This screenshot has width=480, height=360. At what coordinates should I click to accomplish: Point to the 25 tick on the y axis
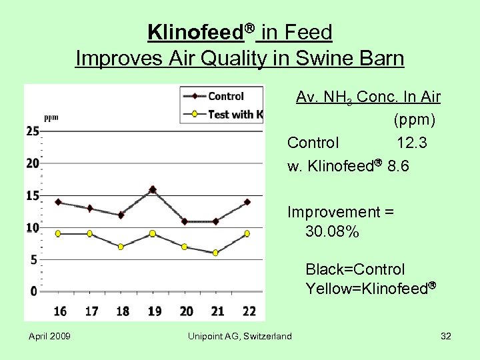coord(33,131)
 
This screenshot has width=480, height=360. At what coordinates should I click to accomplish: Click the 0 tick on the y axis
coord(34,291)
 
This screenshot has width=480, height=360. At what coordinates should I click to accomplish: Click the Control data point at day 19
coord(153,190)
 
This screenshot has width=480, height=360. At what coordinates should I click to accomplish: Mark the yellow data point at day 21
coord(215,253)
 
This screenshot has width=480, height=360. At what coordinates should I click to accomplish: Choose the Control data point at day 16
coord(58,202)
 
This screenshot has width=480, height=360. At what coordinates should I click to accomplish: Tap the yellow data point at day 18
coord(121,247)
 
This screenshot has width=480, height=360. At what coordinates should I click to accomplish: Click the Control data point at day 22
coord(247,202)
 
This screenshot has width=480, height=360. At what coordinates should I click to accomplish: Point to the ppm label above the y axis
coord(51,117)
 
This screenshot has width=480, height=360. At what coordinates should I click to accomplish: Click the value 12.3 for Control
coord(412,143)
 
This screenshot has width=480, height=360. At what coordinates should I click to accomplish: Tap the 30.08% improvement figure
coord(332,232)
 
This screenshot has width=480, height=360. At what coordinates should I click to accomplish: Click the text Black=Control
coord(355,269)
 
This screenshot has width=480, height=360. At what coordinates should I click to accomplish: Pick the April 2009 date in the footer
coord(49,336)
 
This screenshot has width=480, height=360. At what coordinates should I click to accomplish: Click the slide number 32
coord(446,336)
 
